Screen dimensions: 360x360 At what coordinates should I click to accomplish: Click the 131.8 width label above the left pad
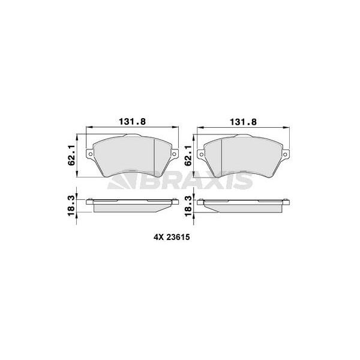134,121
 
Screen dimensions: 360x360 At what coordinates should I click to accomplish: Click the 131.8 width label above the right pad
244,121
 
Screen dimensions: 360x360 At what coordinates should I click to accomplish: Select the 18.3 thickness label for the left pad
72,205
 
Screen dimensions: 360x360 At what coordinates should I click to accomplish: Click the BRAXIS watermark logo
180,182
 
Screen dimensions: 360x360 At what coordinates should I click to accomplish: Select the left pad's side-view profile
133,205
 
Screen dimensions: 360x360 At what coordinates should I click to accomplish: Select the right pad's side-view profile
244,205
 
